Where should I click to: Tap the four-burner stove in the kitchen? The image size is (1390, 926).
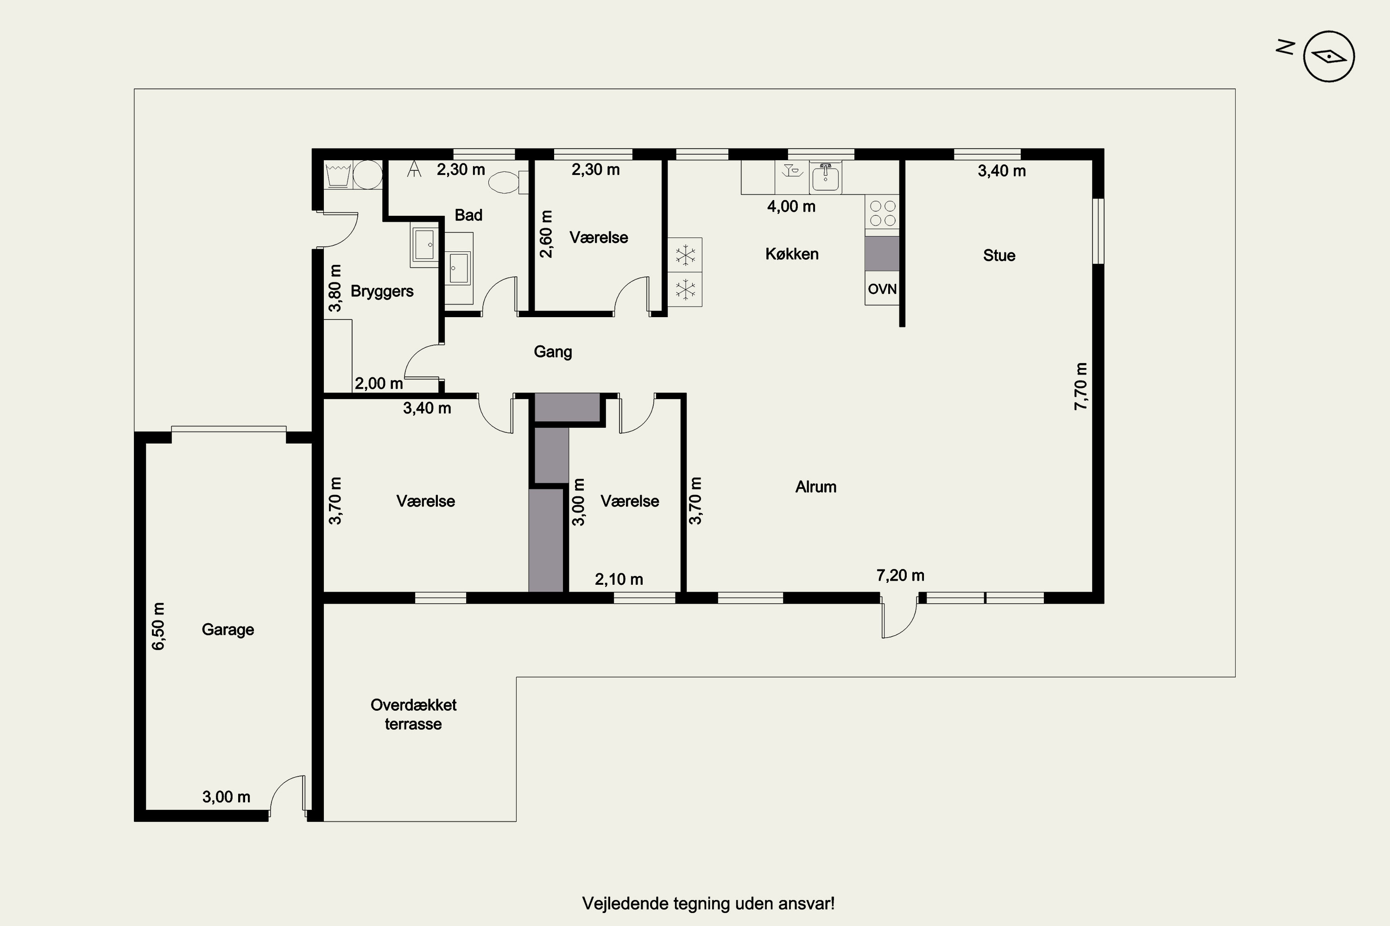pyautogui.click(x=882, y=212)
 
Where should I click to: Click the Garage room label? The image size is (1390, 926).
pyautogui.click(x=227, y=630)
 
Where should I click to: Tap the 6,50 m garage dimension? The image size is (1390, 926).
pyautogui.click(x=158, y=626)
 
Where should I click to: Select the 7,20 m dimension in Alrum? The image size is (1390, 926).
pyautogui.click(x=900, y=575)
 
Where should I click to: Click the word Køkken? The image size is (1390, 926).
pyautogui.click(x=792, y=254)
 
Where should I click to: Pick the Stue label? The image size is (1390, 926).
pyautogui.click(x=999, y=255)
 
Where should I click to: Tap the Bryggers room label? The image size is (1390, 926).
pyautogui.click(x=382, y=291)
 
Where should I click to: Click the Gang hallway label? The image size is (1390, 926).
pyautogui.click(x=553, y=352)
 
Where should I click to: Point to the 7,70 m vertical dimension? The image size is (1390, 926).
pyautogui.click(x=1080, y=386)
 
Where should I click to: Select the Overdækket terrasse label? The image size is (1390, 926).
pyautogui.click(x=413, y=714)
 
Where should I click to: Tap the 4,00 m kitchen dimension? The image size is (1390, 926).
pyautogui.click(x=791, y=206)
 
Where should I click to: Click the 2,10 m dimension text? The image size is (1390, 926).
pyautogui.click(x=619, y=579)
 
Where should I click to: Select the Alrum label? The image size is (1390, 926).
pyautogui.click(x=815, y=487)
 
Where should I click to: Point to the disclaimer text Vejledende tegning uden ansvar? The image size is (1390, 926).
pyautogui.click(x=708, y=904)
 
